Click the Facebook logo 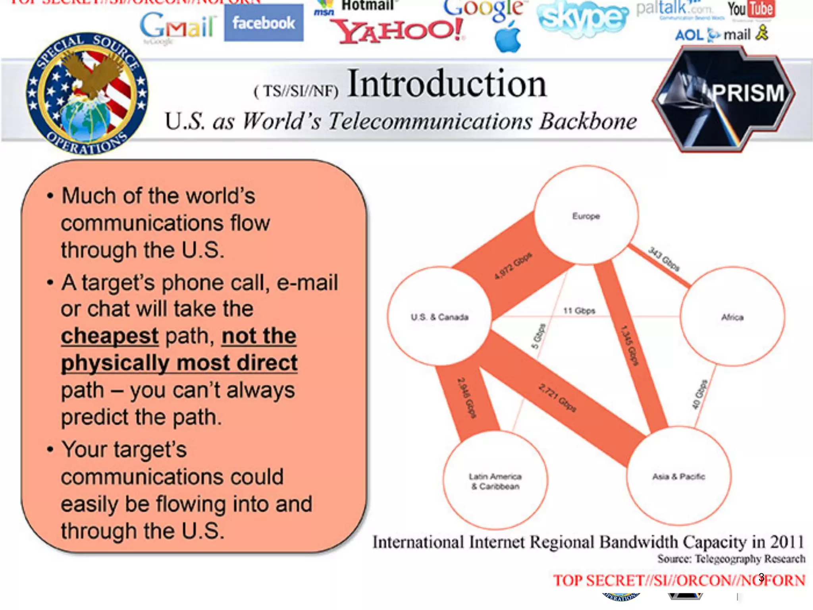264,23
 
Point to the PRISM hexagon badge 723,99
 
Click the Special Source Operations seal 87,94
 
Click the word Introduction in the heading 447,84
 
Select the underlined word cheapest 110,336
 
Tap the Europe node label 586,216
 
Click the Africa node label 732,317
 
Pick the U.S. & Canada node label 439,317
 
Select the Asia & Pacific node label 678,476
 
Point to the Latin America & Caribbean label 495,481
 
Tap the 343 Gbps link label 664,259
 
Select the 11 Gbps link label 579,311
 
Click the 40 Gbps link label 699,394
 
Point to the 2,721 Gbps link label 557,398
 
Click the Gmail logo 177,26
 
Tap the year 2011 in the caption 787,542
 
